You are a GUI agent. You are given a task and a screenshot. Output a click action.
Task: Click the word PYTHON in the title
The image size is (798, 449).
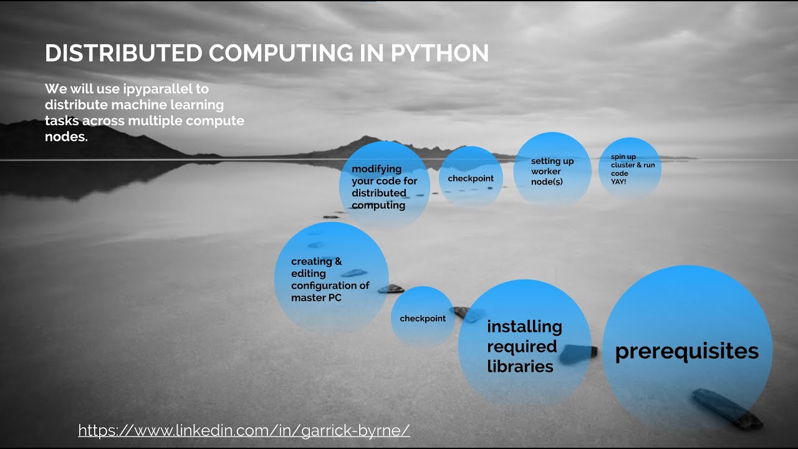click(x=440, y=54)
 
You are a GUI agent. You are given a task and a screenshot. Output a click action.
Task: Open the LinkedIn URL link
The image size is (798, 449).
click(x=244, y=430)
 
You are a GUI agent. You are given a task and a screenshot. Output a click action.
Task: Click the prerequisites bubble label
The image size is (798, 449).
click(x=686, y=351)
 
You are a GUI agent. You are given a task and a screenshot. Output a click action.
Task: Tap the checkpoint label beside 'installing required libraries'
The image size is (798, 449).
click(x=423, y=319)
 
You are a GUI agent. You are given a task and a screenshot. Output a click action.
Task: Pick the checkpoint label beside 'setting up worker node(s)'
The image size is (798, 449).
click(x=470, y=178)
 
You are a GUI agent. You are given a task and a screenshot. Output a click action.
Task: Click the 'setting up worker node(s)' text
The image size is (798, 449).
click(x=552, y=171)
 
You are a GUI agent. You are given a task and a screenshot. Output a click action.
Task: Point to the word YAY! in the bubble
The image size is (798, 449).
click(x=618, y=181)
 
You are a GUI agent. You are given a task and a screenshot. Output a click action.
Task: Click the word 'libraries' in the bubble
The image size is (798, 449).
click(x=520, y=366)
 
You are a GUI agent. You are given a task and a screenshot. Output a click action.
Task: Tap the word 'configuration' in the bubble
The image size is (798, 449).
click(x=330, y=286)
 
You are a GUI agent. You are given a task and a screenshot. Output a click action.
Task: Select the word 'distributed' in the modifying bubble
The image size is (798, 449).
click(x=378, y=193)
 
